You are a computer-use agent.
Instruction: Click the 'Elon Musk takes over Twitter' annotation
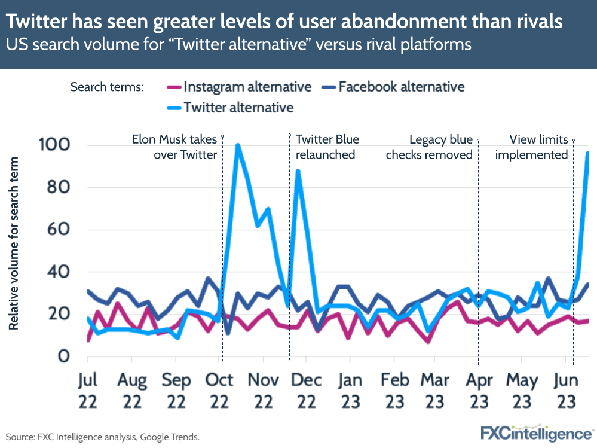[174, 147]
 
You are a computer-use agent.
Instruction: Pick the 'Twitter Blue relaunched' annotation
[327, 147]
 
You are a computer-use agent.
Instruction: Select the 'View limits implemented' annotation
[538, 147]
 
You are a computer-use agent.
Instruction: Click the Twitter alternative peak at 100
[238, 145]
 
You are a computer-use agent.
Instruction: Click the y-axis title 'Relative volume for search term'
[13, 243]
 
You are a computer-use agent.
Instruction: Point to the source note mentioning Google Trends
[102, 437]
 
